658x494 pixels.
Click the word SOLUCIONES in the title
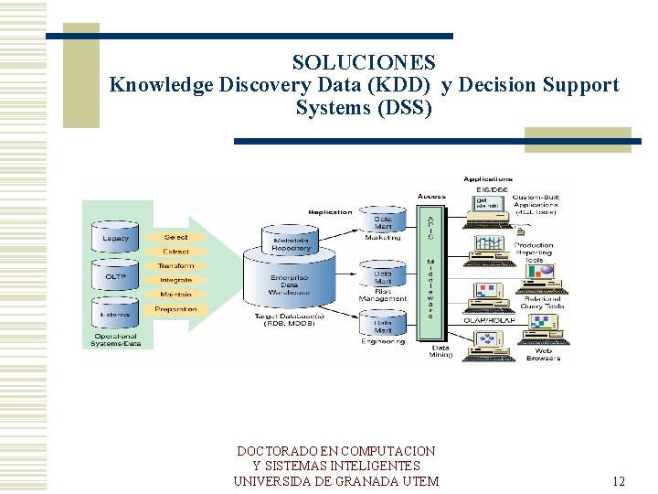click(x=364, y=63)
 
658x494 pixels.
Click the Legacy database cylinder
click(x=115, y=238)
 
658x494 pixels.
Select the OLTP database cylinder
click(x=115, y=276)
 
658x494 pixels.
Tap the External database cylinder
click(x=115, y=314)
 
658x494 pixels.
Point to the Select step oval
click(x=175, y=238)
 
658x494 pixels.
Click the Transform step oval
click(x=175, y=266)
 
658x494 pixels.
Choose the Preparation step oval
click(x=175, y=309)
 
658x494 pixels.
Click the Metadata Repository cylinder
click(x=291, y=242)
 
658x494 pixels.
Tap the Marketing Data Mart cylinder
click(x=384, y=221)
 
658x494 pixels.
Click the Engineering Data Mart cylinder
click(x=384, y=324)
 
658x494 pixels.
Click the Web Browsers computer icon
click(x=488, y=340)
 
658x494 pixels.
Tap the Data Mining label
click(x=440, y=351)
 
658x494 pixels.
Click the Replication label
click(x=330, y=212)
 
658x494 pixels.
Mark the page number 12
click(x=619, y=482)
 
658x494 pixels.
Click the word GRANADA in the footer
click(x=366, y=482)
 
